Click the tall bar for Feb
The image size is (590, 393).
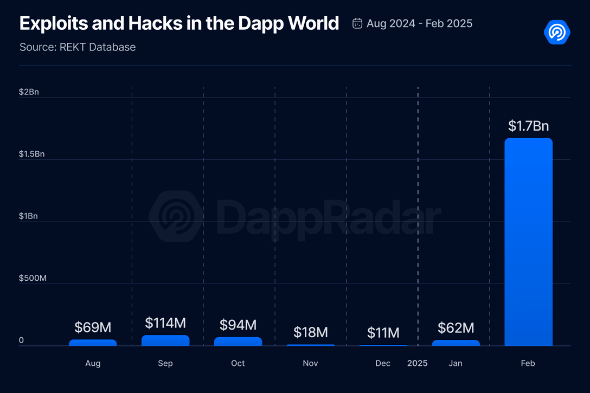[528, 242]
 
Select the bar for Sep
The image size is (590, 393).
[165, 341]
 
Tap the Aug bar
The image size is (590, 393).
[93, 343]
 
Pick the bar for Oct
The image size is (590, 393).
[238, 342]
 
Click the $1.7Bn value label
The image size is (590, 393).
[528, 126]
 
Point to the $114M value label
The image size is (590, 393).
[165, 324]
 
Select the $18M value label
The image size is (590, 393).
[311, 332]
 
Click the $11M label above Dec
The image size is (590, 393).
[383, 332]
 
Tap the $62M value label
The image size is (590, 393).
[456, 327]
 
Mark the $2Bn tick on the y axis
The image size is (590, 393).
[29, 92]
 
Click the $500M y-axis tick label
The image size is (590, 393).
[33, 278]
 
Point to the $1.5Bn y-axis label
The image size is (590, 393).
[31, 154]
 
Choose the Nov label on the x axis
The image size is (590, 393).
[311, 363]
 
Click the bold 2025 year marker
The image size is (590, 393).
[418, 363]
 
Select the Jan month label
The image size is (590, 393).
[456, 363]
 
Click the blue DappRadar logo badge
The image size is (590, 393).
[557, 33]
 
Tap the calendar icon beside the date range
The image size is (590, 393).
[357, 23]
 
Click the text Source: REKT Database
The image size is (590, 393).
[78, 47]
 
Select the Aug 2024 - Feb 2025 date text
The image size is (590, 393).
[419, 23]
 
